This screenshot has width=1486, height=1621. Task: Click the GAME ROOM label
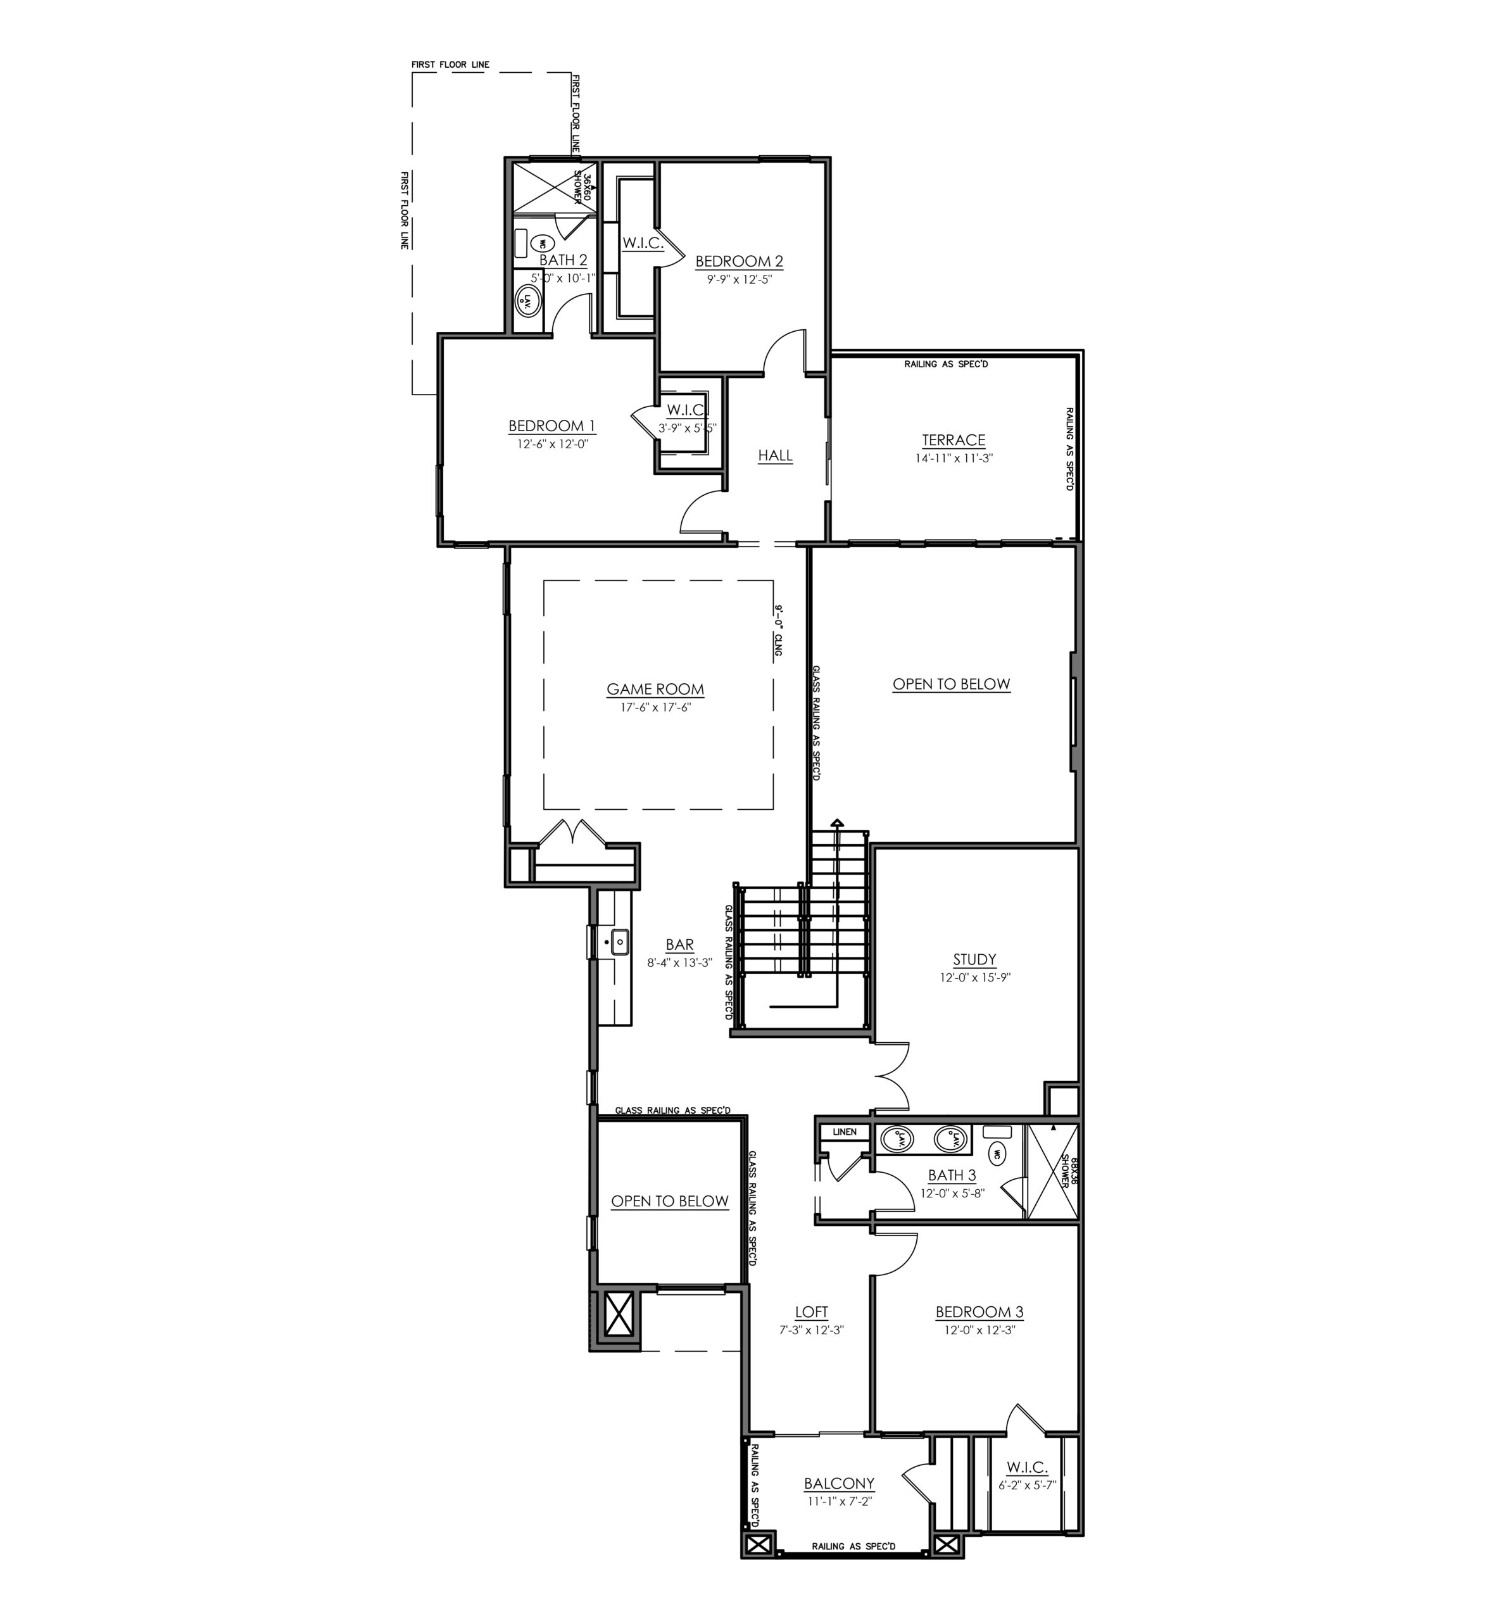(655, 689)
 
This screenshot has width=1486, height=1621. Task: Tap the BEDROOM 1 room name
(551, 426)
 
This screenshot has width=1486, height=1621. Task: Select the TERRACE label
(953, 440)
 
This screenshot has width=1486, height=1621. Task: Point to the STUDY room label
(974, 959)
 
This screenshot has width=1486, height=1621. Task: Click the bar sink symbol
(619, 942)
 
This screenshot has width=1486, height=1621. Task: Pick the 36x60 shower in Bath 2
(555, 188)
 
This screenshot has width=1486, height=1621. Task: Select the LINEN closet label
(845, 1132)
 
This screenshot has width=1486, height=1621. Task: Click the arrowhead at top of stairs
(837, 823)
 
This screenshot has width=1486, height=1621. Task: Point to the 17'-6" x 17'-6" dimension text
(655, 707)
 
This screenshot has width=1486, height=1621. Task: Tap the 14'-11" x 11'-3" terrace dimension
(953, 458)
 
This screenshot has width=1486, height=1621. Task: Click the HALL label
(775, 456)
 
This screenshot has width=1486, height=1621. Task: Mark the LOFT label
(810, 1312)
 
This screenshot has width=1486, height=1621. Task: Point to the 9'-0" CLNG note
(778, 631)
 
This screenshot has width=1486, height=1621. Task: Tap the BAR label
(679, 945)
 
